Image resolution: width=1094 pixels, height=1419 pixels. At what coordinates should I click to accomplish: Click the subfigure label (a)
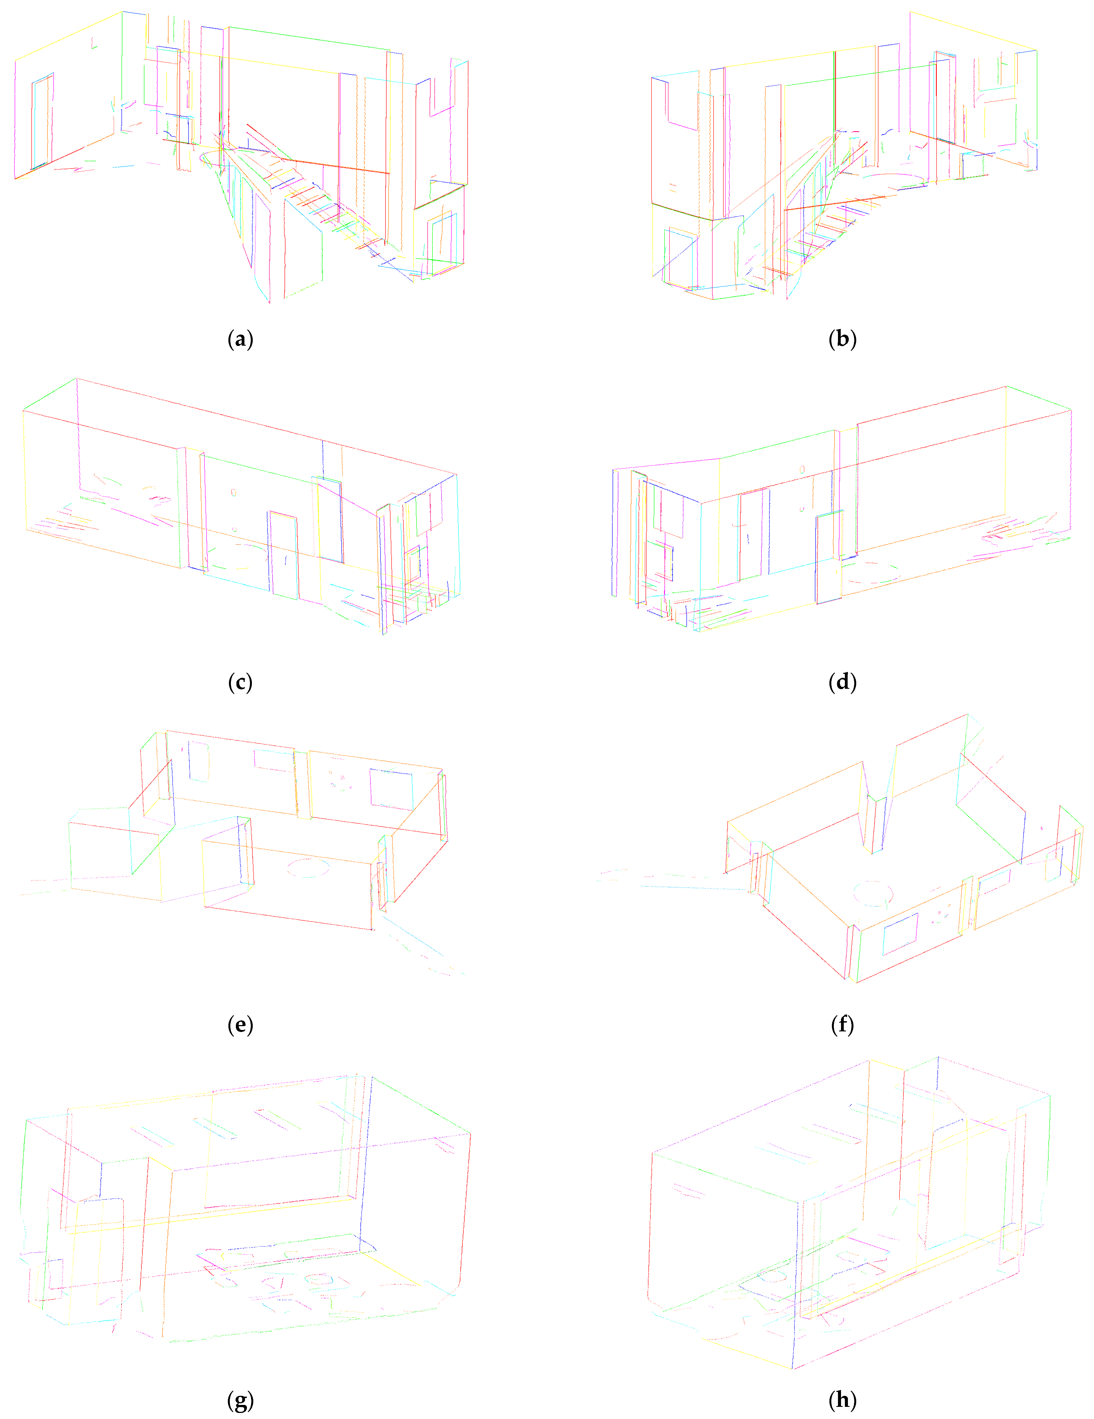coord(241,339)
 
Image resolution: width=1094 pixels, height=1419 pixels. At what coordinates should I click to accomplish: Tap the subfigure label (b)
coord(842,339)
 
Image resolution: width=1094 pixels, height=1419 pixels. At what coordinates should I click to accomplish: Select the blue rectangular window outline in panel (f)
coord(900,934)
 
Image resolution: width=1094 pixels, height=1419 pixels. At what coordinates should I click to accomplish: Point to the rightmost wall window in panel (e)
coord(391,789)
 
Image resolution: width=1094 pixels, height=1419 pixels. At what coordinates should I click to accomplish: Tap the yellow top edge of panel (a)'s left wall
coord(68,36)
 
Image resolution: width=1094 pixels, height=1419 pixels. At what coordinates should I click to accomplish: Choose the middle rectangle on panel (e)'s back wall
coord(274,760)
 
